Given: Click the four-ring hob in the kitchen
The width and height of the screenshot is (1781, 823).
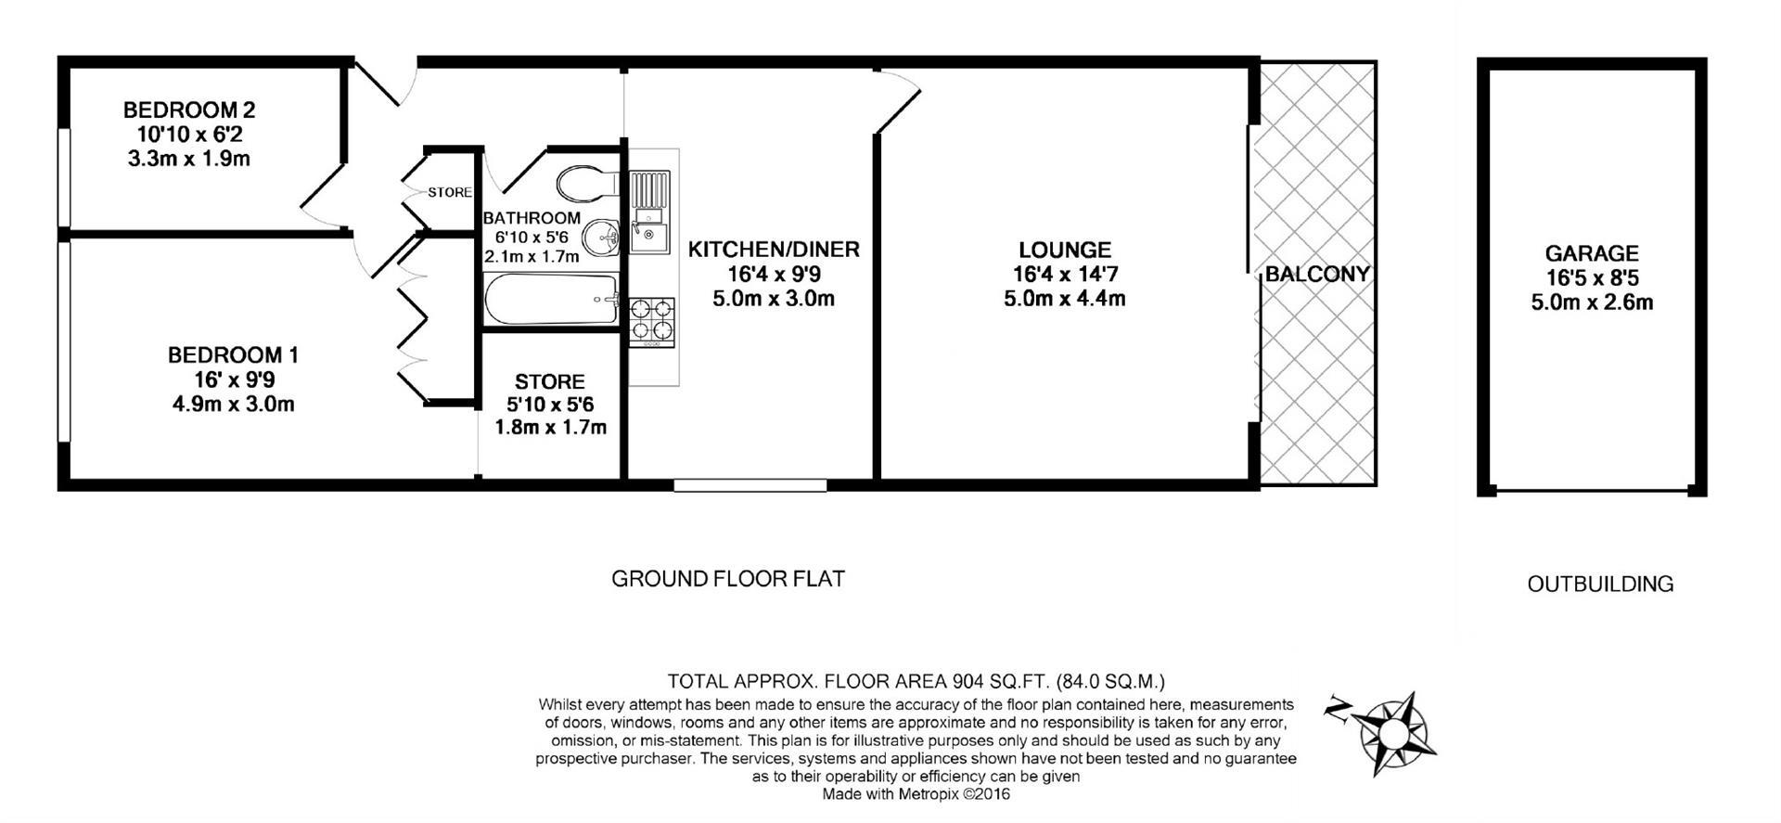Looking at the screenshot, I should (x=653, y=319).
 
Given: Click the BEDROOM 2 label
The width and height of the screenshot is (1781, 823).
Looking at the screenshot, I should (x=189, y=109).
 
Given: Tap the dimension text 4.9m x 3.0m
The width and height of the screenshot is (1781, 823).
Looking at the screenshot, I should (x=233, y=405).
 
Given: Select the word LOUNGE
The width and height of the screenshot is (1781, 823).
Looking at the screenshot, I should (x=1064, y=250).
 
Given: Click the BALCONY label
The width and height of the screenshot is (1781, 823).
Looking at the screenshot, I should (x=1316, y=274).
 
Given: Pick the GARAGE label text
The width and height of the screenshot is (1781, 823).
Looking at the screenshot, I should (x=1592, y=253).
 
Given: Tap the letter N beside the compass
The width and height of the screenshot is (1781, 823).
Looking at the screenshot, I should (x=1338, y=709).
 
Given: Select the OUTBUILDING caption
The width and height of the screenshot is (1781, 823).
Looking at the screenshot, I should (x=1600, y=584).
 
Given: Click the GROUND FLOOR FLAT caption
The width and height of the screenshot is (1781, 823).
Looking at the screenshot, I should (x=728, y=579).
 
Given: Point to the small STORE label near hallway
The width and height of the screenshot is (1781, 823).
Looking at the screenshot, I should (x=450, y=193).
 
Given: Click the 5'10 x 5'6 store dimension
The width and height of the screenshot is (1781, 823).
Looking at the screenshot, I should (x=550, y=405).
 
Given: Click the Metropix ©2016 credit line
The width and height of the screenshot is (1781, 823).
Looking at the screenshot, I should (x=916, y=794).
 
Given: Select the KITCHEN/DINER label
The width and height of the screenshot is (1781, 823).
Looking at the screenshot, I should (x=774, y=250).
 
